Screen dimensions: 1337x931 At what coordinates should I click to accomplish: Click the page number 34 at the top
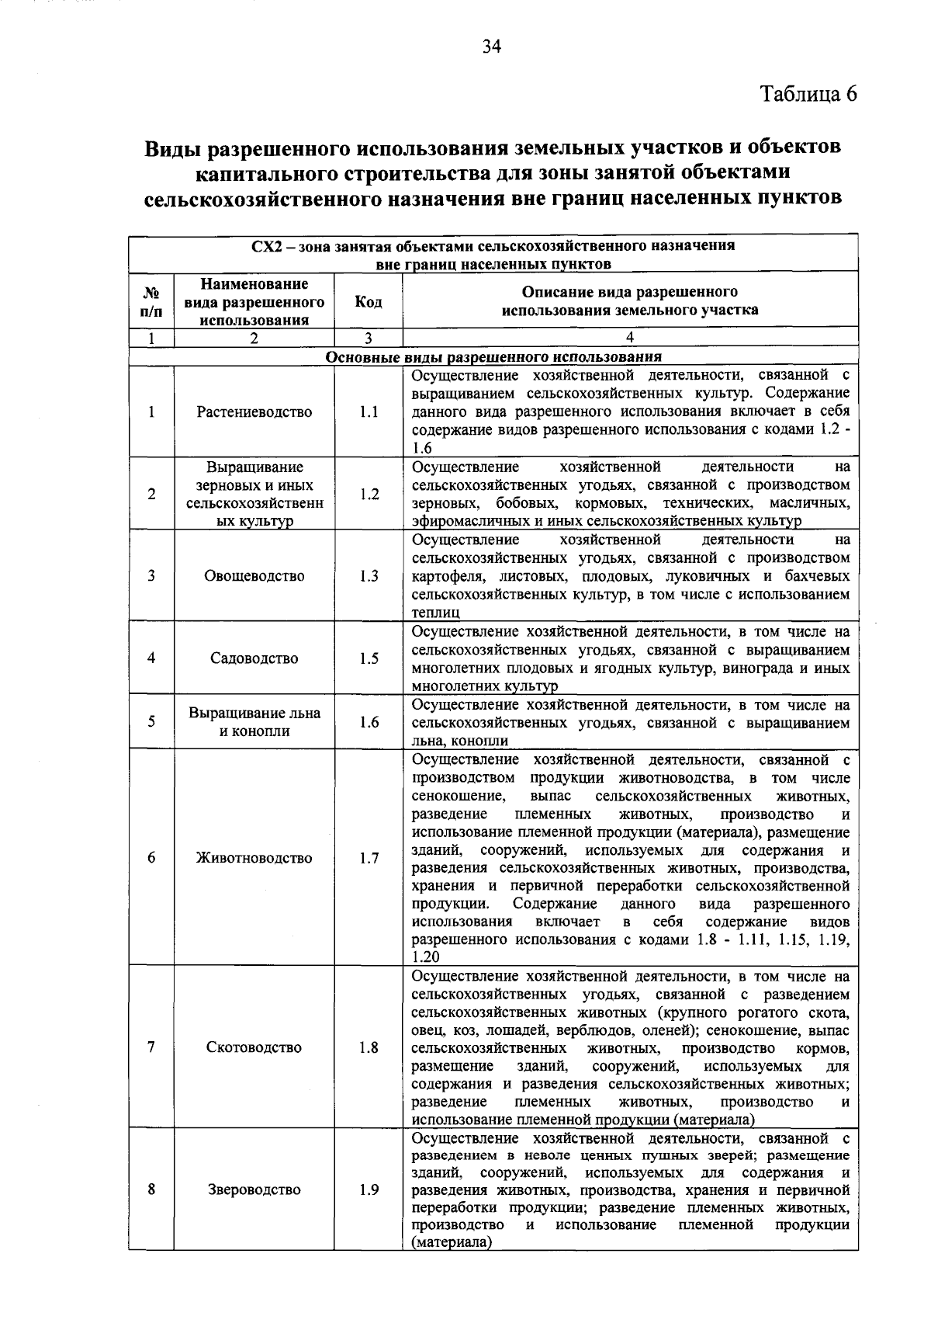click(x=492, y=47)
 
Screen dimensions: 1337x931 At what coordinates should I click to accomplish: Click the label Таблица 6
click(x=808, y=94)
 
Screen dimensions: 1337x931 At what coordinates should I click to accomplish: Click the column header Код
click(x=369, y=301)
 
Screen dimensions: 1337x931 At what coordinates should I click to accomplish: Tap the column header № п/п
click(x=151, y=302)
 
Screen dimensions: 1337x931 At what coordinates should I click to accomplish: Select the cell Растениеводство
click(x=254, y=412)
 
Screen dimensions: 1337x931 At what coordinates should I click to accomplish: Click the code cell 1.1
click(x=369, y=412)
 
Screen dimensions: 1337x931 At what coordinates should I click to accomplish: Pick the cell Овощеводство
click(x=254, y=575)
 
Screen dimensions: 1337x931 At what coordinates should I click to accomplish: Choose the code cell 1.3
click(x=369, y=575)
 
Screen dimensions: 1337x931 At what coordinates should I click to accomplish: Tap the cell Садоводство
click(x=254, y=658)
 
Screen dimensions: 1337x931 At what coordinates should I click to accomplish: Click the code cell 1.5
click(x=369, y=658)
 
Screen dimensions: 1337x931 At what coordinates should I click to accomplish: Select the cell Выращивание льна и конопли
click(x=254, y=721)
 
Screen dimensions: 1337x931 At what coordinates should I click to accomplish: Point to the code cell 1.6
click(x=369, y=722)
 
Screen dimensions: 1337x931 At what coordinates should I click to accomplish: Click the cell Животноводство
click(x=254, y=857)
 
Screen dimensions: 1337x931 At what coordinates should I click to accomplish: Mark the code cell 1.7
click(x=369, y=857)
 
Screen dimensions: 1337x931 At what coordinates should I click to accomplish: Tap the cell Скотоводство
click(x=254, y=1047)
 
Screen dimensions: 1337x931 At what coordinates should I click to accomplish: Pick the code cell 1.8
click(x=369, y=1047)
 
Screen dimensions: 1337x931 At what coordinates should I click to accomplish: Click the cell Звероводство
click(x=254, y=1189)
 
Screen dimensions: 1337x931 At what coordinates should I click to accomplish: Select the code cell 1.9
click(x=369, y=1189)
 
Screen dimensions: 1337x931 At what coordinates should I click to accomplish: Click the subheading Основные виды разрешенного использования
click(x=493, y=356)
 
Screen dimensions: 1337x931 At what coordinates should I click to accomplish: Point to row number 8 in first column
click(x=151, y=1189)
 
